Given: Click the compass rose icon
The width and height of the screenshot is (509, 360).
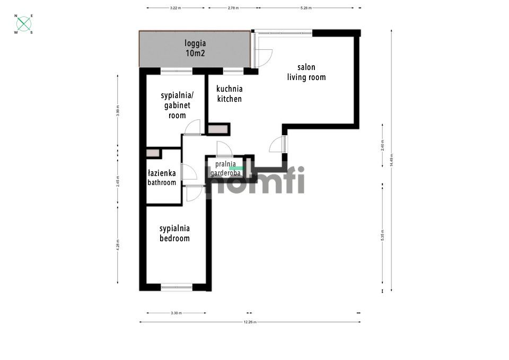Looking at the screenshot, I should click(x=23, y=24).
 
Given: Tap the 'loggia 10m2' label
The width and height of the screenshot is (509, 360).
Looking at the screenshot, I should click(x=195, y=48).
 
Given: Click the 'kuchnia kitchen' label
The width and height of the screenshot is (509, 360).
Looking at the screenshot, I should click(x=230, y=94).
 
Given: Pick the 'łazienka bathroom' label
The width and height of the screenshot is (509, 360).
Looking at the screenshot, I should click(x=162, y=178).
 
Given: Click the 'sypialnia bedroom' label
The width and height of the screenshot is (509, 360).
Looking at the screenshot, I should click(x=175, y=233).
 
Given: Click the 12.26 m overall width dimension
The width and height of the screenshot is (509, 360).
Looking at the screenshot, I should click(x=250, y=322).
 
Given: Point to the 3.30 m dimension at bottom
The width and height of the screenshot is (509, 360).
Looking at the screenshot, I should click(x=175, y=313).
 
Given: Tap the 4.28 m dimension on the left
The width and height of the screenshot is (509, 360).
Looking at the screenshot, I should click(x=118, y=244).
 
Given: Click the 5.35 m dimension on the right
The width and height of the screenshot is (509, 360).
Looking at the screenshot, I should click(x=382, y=235).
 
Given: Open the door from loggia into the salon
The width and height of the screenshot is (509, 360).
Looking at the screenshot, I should click(x=262, y=56).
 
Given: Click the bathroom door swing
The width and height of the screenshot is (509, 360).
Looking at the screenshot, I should click(x=189, y=172).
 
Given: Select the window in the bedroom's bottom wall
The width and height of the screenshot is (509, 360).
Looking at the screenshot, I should click(x=177, y=287).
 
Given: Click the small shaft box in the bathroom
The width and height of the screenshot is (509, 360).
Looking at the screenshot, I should click(x=153, y=153).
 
